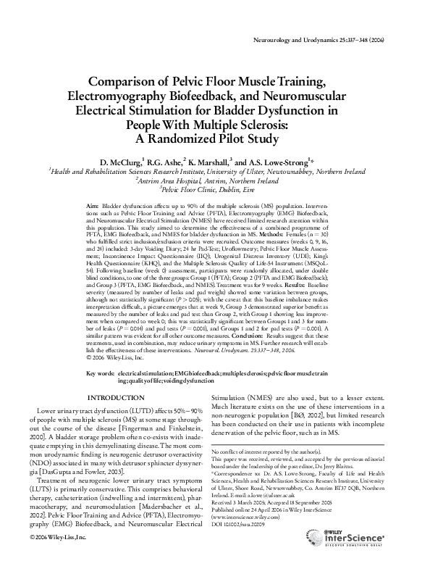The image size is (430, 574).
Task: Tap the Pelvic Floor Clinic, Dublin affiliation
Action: pos(215,190)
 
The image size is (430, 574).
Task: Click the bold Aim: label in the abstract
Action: pos(92,207)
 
